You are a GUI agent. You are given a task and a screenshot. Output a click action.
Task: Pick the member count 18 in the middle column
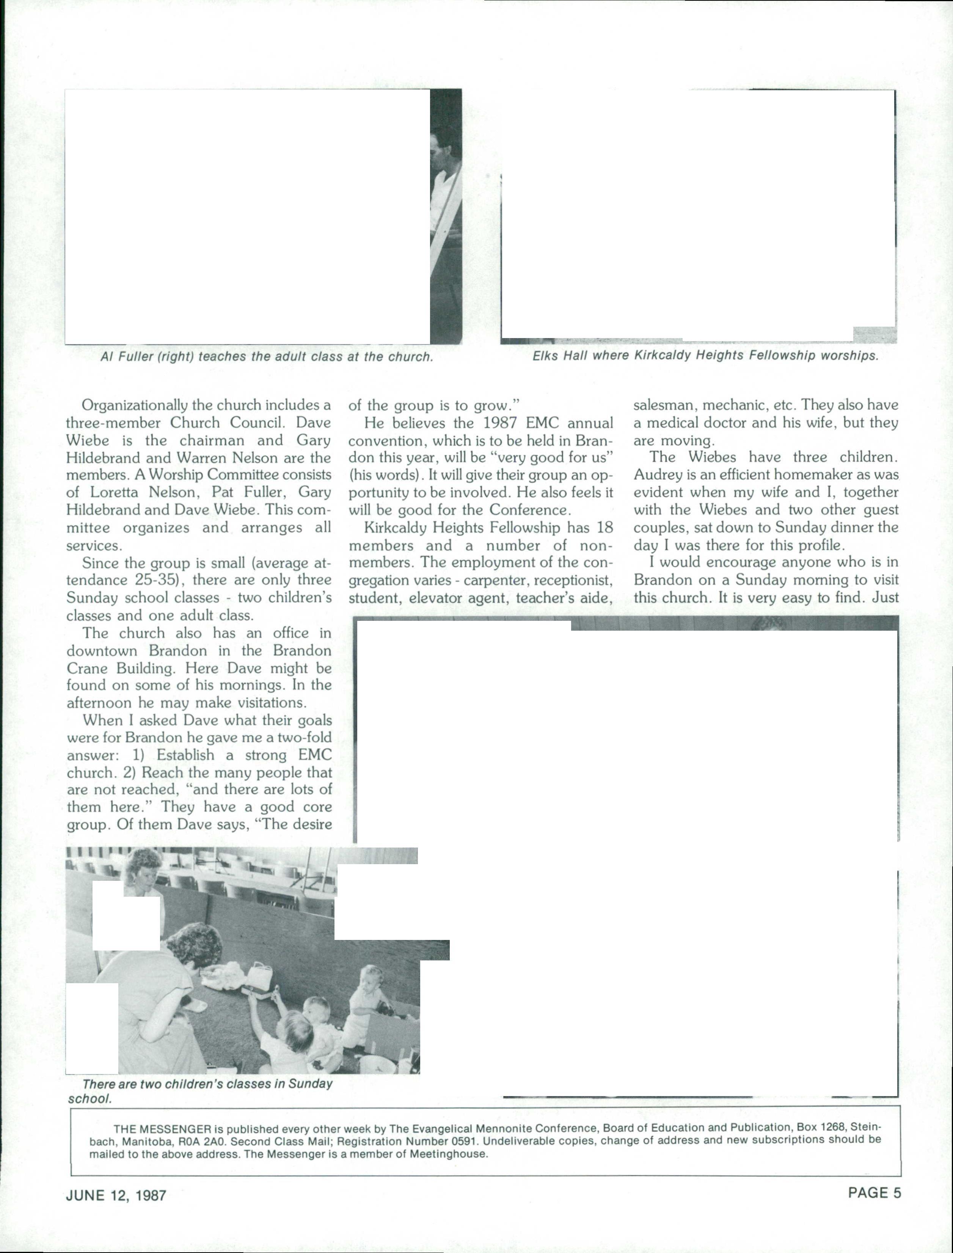[604, 528]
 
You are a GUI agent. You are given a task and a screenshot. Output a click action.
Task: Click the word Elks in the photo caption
[546, 356]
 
